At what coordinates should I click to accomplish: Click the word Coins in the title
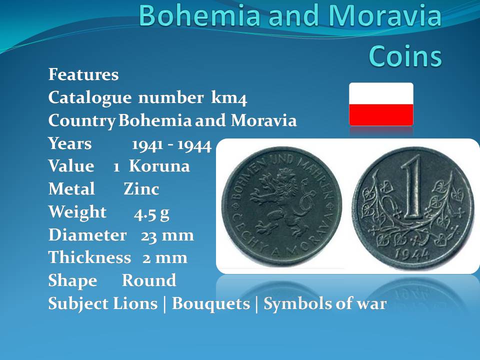(405, 55)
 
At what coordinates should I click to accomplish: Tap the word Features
(83, 74)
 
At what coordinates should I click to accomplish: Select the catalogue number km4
(229, 98)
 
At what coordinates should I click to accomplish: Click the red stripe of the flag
(381, 115)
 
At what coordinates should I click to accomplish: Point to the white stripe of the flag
(381, 93)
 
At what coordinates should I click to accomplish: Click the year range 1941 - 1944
(171, 145)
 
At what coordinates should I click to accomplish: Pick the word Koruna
(159, 166)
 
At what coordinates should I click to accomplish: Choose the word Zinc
(141, 189)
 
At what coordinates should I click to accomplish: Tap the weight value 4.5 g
(151, 213)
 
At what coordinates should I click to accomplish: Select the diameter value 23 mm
(167, 235)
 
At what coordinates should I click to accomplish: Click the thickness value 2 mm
(165, 258)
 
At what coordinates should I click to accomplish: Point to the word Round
(149, 280)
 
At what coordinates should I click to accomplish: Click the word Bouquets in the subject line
(211, 303)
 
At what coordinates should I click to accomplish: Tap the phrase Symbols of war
(325, 303)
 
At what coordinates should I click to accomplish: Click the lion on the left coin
(280, 203)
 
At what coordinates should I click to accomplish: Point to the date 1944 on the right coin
(411, 254)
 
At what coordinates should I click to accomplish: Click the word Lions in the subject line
(135, 303)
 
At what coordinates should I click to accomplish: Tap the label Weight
(77, 212)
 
